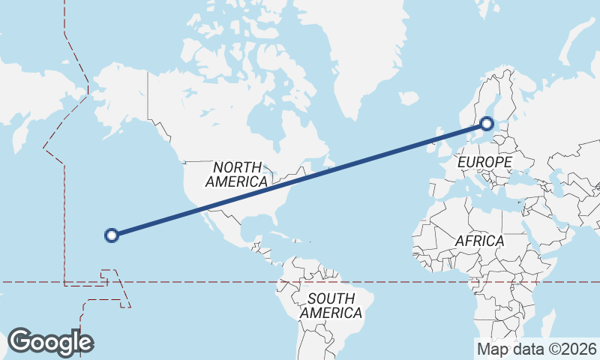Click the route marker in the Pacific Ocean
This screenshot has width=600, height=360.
click(x=112, y=235)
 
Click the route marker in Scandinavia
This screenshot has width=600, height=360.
click(x=487, y=124)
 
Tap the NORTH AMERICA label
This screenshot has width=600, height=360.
click(x=236, y=174)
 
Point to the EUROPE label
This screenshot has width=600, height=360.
click(x=484, y=162)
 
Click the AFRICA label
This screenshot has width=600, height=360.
click(x=479, y=241)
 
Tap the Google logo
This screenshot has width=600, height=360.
click(x=50, y=342)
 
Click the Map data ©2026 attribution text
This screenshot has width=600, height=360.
click(x=536, y=349)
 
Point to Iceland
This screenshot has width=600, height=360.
click(x=409, y=98)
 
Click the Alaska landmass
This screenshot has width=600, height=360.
click(x=120, y=97)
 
